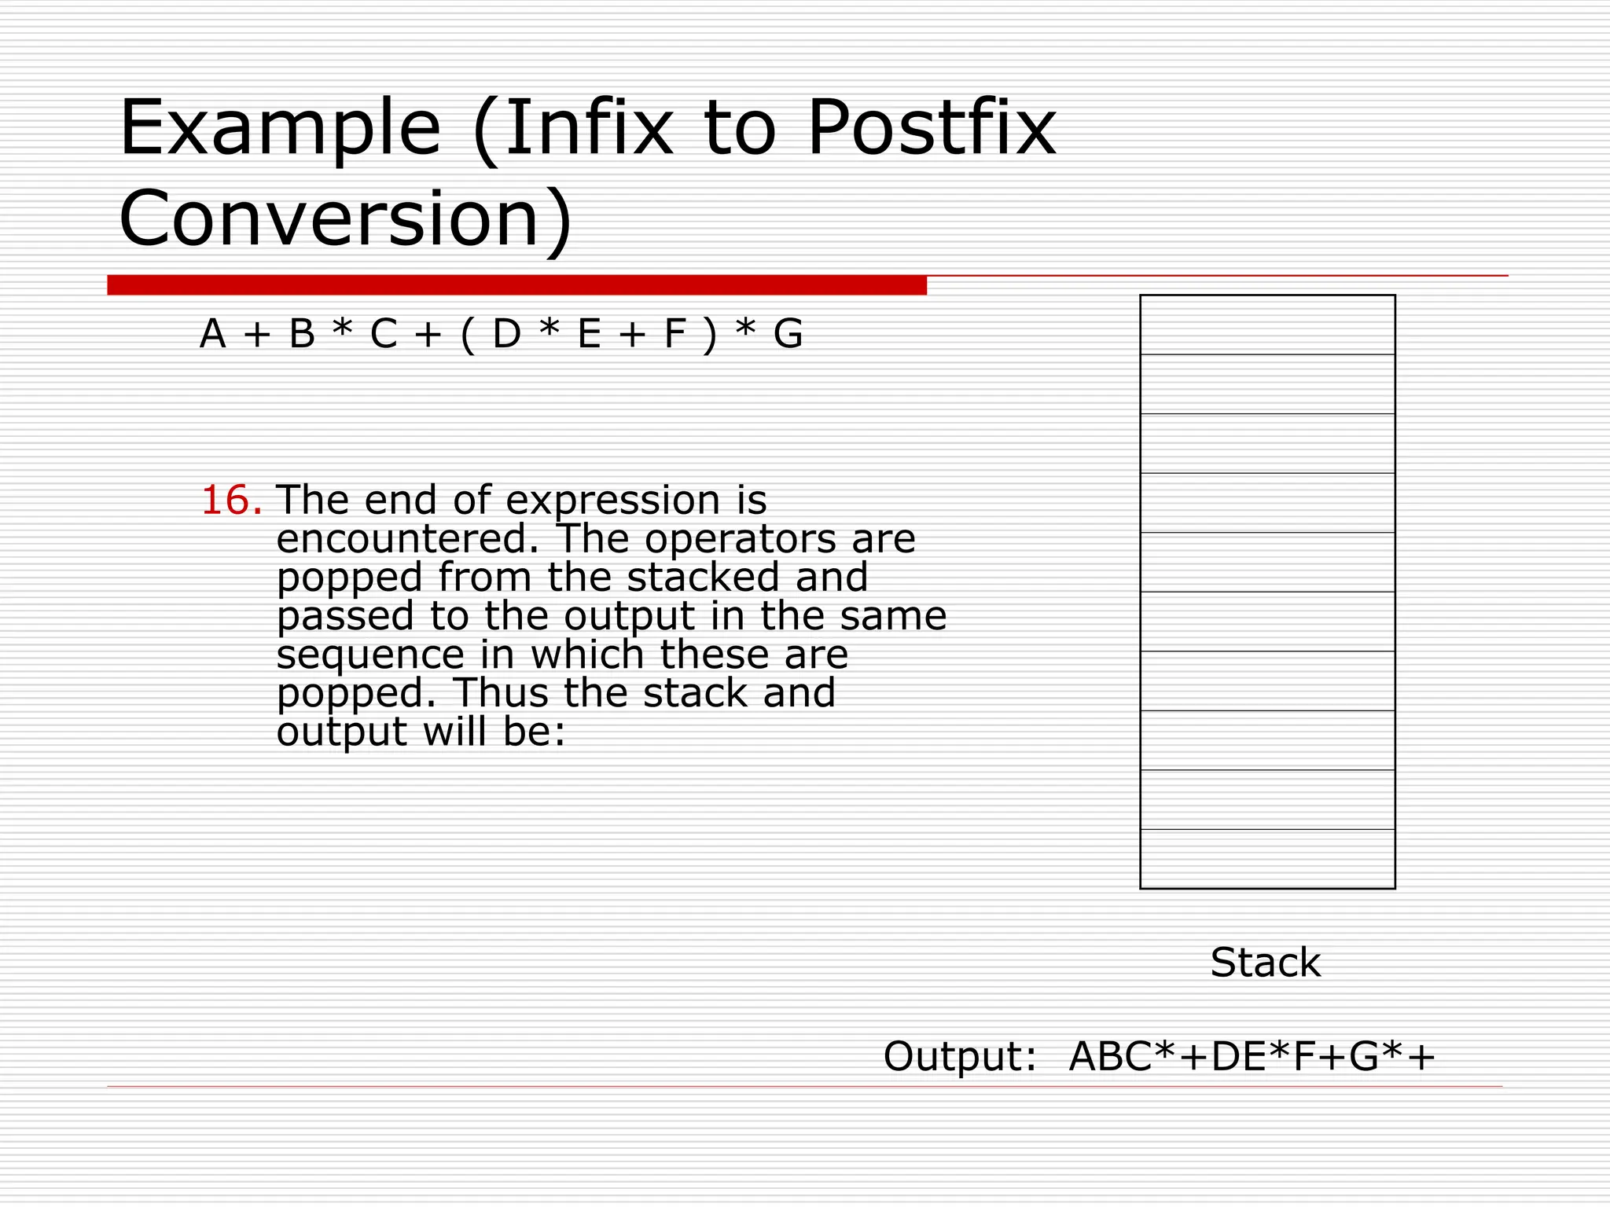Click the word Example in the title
click(x=279, y=128)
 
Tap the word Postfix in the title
click(x=932, y=128)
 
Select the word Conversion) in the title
click(x=346, y=218)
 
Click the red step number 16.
click(x=232, y=501)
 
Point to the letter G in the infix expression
click(x=788, y=334)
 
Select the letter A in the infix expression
click(x=213, y=334)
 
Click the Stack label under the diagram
click(x=1265, y=963)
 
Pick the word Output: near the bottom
click(x=960, y=1056)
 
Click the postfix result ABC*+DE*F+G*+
click(x=1252, y=1056)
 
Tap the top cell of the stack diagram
click(x=1267, y=325)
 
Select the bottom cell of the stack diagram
click(x=1267, y=859)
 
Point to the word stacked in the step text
click(x=704, y=578)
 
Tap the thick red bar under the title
click(x=516, y=285)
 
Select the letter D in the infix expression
click(x=507, y=334)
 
